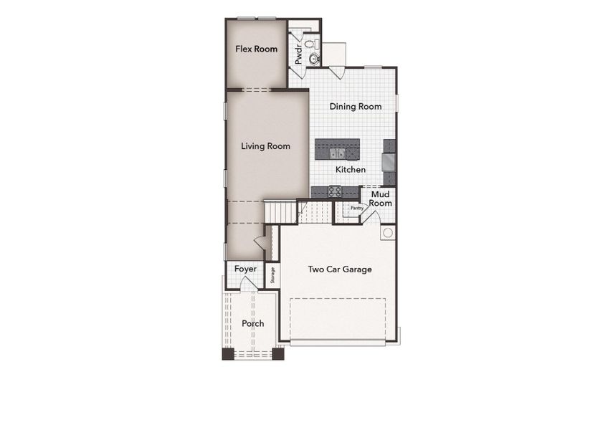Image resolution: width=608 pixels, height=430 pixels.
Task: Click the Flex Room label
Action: pos(257,49)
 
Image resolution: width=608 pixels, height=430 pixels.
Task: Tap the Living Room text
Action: pos(265,146)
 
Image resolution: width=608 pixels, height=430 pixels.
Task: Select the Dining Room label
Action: pos(355,107)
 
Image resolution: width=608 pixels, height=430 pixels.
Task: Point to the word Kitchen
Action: pos(351,170)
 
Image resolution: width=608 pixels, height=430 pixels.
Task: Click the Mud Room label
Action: pos(381,199)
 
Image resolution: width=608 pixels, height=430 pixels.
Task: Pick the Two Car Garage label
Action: pos(340,269)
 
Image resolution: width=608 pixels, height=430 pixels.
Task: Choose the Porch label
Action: pos(252,323)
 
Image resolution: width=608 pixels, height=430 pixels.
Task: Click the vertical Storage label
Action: pos(272,276)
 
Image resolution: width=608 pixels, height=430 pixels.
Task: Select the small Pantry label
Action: pos(356,209)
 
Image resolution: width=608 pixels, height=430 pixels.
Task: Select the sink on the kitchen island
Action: pos(337,153)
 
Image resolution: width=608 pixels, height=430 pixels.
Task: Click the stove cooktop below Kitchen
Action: pos(334,191)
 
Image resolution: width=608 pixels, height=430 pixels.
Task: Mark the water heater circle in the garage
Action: pos(387,233)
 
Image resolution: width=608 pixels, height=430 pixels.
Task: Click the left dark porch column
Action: pos(228,353)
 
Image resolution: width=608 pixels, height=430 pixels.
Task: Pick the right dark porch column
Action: pos(277,353)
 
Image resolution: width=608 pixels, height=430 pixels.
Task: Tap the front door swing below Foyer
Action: pos(247,284)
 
